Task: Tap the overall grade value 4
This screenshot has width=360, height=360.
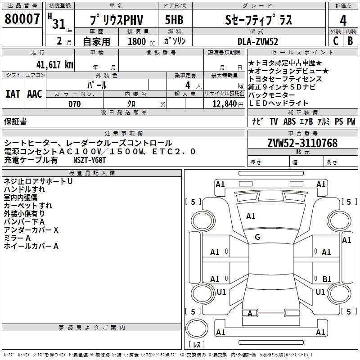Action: (343, 20)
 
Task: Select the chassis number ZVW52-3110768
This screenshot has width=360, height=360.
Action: (302, 143)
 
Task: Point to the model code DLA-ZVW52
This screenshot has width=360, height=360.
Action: (257, 41)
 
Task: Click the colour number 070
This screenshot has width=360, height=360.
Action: (74, 104)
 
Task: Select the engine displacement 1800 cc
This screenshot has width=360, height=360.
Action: (138, 41)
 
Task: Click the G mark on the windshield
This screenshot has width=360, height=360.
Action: (257, 237)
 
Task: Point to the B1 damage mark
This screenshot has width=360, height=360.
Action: (327, 279)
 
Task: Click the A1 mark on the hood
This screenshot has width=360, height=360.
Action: (251, 216)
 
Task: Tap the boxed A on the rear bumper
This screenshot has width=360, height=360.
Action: (250, 313)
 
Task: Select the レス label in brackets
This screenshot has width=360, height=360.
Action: (197, 345)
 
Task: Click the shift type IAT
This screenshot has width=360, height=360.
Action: (13, 94)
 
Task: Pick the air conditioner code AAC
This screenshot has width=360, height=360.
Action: (35, 94)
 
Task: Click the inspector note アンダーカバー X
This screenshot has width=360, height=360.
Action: (31, 230)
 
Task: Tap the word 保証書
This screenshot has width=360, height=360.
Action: (15, 121)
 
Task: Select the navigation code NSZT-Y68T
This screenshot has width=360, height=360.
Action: (90, 160)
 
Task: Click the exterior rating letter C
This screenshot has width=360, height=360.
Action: (335, 41)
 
